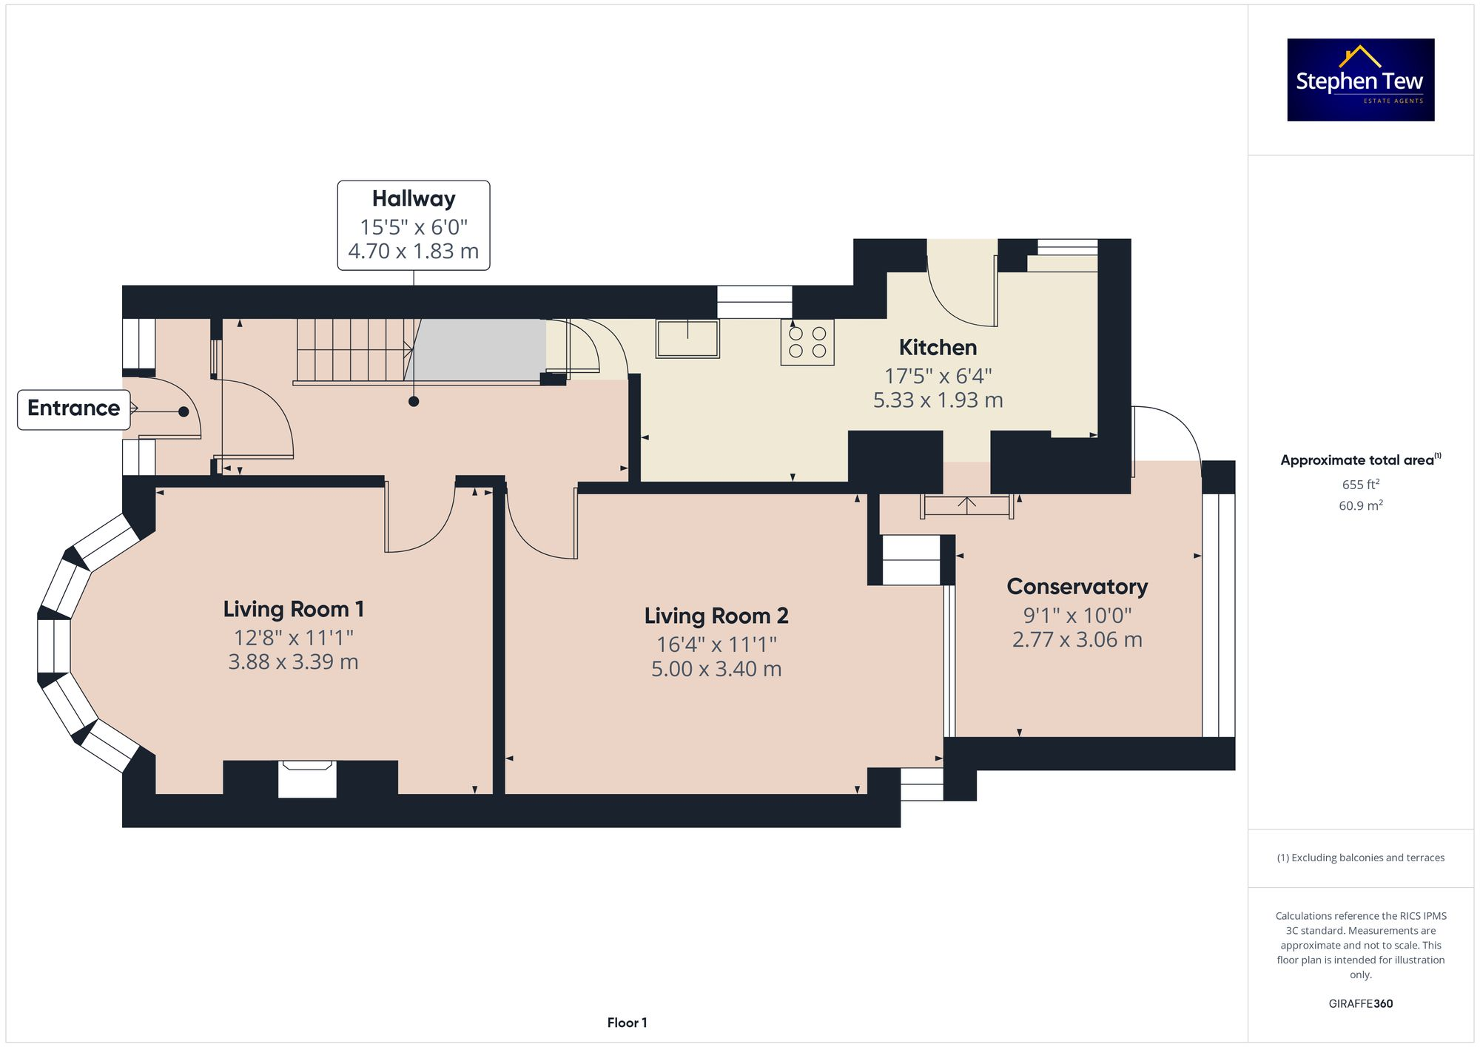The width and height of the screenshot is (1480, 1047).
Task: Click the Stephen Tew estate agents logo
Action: click(1360, 80)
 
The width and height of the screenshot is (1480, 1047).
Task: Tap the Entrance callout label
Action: click(73, 408)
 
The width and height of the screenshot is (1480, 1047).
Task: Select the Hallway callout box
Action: click(414, 225)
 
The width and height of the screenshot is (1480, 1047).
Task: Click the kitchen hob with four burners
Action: click(807, 342)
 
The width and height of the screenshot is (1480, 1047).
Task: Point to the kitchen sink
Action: click(687, 338)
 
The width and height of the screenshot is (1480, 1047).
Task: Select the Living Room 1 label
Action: click(293, 609)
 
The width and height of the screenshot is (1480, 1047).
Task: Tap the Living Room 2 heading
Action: click(716, 616)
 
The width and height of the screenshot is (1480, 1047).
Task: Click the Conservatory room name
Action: click(1077, 587)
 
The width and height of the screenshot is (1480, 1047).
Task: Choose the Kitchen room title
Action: click(938, 347)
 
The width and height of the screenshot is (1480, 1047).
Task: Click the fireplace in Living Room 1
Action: click(307, 779)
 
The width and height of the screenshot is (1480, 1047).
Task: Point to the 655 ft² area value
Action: click(1360, 485)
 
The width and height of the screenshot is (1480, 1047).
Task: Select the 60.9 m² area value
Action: click(1360, 506)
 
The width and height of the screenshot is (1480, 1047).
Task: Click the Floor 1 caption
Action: click(627, 1023)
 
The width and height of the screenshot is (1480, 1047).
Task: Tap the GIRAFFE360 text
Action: click(1360, 1004)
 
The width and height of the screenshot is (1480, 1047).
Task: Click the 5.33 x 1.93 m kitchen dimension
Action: click(938, 400)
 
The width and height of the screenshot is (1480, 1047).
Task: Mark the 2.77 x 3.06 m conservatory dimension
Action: click(1077, 640)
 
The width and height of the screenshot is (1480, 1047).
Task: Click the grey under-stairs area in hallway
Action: click(480, 349)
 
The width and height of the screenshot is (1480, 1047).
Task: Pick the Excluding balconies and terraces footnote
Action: click(1360, 858)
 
